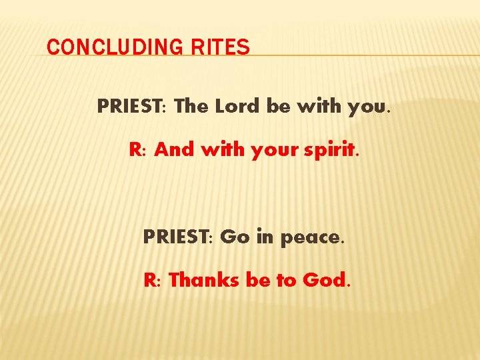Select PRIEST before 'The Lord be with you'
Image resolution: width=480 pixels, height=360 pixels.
(x=131, y=106)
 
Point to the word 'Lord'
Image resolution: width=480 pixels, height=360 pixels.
(x=239, y=106)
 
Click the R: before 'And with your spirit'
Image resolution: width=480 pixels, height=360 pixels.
(x=138, y=150)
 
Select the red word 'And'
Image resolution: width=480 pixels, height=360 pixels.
(x=173, y=150)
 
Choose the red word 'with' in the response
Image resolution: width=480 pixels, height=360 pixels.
(x=223, y=150)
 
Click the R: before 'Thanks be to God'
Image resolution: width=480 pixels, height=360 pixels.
(x=153, y=280)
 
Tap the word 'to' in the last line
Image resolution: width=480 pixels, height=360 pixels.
(x=286, y=281)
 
